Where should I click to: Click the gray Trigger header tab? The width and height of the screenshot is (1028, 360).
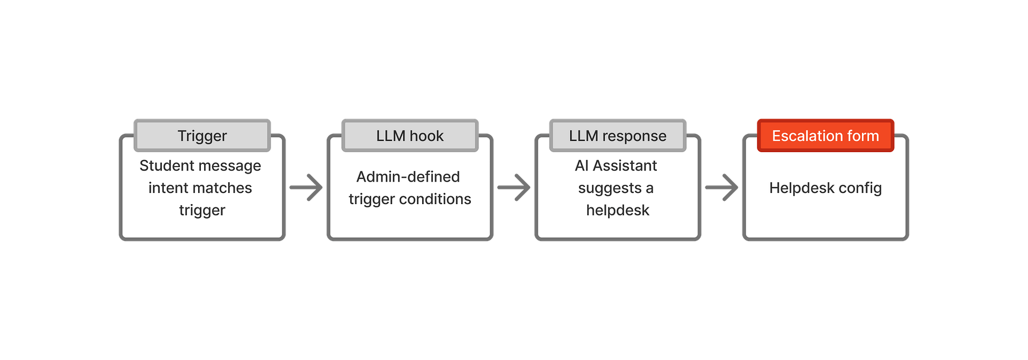[x=202, y=136]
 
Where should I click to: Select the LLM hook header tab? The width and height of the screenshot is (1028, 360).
[x=410, y=136]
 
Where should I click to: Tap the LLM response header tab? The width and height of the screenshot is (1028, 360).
[x=618, y=136]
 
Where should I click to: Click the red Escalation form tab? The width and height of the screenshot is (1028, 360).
[x=826, y=136]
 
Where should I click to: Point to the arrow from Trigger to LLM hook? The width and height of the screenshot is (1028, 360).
[x=306, y=187]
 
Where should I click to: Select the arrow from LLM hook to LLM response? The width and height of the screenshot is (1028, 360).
[x=514, y=187]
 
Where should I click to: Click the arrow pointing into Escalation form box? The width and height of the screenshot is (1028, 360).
[x=722, y=187]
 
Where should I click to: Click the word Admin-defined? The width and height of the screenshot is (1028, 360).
[x=408, y=177]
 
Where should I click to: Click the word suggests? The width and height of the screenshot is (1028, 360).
[x=610, y=189]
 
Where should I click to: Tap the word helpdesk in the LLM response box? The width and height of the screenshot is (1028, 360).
[x=618, y=211]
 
